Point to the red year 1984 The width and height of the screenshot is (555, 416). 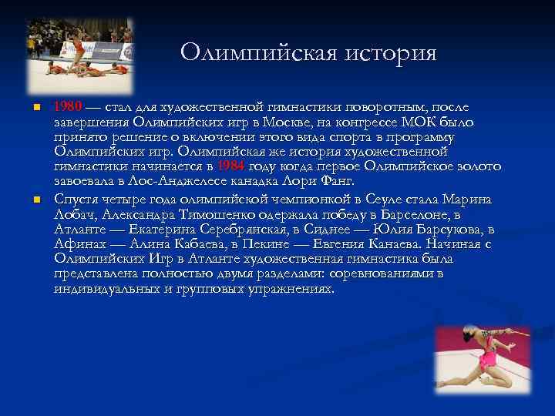pyautogui.click(x=232, y=166)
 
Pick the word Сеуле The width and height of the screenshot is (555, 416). pyautogui.click(x=385, y=200)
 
